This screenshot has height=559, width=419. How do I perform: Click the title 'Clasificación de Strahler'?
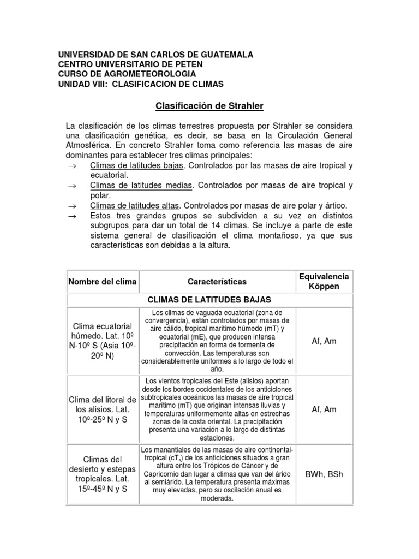(x=210, y=105)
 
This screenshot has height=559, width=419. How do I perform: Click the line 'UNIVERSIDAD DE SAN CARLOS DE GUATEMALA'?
(x=155, y=55)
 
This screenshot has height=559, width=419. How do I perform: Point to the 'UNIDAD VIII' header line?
(x=140, y=84)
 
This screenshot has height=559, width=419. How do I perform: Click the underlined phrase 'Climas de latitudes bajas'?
(x=136, y=165)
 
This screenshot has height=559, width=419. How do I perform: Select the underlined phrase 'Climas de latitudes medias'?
(x=141, y=186)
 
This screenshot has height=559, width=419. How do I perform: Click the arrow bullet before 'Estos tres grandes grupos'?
(x=71, y=216)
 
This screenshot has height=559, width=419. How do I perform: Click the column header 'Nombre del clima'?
(x=102, y=282)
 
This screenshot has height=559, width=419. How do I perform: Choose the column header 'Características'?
(x=217, y=282)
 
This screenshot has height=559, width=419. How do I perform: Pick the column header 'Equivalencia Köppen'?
(x=324, y=282)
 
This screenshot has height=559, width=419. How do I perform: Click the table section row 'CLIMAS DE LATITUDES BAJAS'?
(x=210, y=300)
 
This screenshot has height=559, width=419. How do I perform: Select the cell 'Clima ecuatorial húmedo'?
(x=102, y=340)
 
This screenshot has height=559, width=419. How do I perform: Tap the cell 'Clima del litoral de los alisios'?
(x=102, y=409)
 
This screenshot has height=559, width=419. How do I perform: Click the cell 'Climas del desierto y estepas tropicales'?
(x=102, y=474)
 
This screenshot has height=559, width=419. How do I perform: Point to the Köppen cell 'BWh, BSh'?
(x=324, y=474)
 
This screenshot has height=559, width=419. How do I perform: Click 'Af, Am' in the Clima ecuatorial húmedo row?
(x=324, y=340)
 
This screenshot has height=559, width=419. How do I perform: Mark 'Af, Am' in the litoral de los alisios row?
(x=324, y=409)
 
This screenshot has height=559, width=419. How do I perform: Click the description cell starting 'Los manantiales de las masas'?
(x=217, y=474)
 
